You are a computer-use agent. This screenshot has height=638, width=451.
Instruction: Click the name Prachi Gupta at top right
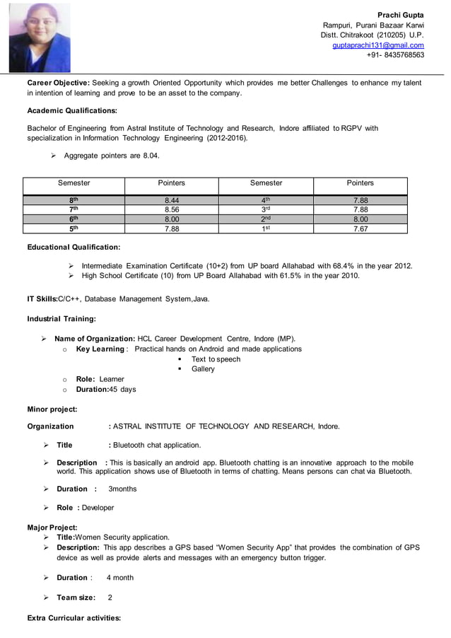[x=400, y=15]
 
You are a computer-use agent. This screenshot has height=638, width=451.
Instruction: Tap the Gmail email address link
[x=378, y=45]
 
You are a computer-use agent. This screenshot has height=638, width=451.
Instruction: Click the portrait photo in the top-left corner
[x=40, y=37]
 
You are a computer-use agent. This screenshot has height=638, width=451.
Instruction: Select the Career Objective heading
[x=58, y=83]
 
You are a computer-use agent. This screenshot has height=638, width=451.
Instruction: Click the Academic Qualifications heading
[x=72, y=110]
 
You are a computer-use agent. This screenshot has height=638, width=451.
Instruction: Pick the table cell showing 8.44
[x=172, y=200]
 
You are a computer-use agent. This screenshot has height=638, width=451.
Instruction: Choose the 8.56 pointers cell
[x=172, y=209]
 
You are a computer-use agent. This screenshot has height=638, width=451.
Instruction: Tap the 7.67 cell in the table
[x=360, y=228]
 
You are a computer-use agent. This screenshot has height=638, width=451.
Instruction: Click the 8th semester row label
[x=74, y=200]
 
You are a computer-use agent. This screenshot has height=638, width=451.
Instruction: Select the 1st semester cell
[x=266, y=228]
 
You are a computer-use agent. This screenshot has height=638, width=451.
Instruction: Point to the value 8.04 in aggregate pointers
[x=151, y=156]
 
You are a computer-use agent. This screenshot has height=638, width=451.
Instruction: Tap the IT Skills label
[x=42, y=299]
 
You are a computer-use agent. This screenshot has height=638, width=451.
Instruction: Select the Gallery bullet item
[x=203, y=369]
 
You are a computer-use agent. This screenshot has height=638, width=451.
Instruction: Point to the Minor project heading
[x=52, y=410]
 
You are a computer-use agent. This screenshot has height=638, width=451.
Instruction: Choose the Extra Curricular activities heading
[x=74, y=618]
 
